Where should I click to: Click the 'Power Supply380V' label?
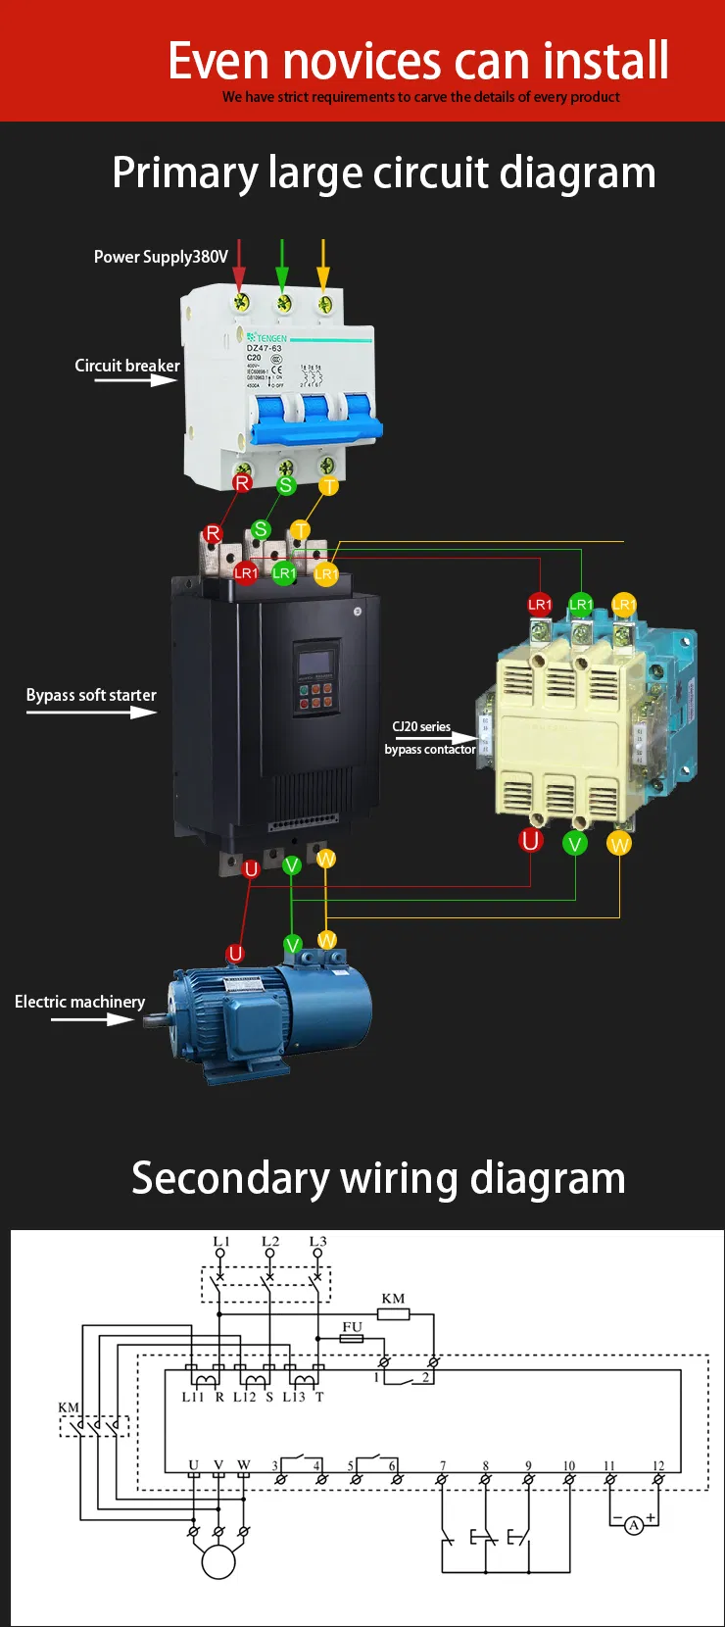[x=161, y=257]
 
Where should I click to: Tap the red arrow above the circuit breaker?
[x=239, y=265]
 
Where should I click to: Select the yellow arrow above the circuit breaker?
[x=324, y=265]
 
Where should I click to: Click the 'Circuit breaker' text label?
[x=127, y=366]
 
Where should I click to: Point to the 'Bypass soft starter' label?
[x=91, y=695]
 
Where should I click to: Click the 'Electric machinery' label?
[x=79, y=1002]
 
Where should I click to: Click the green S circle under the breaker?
[x=286, y=484]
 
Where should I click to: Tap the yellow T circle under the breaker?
[x=329, y=485]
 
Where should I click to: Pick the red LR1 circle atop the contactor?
[x=540, y=604]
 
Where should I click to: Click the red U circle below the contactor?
[x=531, y=840]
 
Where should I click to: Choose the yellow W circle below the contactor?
[x=619, y=844]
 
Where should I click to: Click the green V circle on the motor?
[x=292, y=945]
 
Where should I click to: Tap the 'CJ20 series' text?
[x=421, y=726]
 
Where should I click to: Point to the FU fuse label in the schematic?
[x=352, y=1326]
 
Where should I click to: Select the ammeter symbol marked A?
[x=634, y=1525]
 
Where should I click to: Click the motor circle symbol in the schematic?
[x=218, y=1561]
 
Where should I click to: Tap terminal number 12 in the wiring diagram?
[x=658, y=1466]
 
